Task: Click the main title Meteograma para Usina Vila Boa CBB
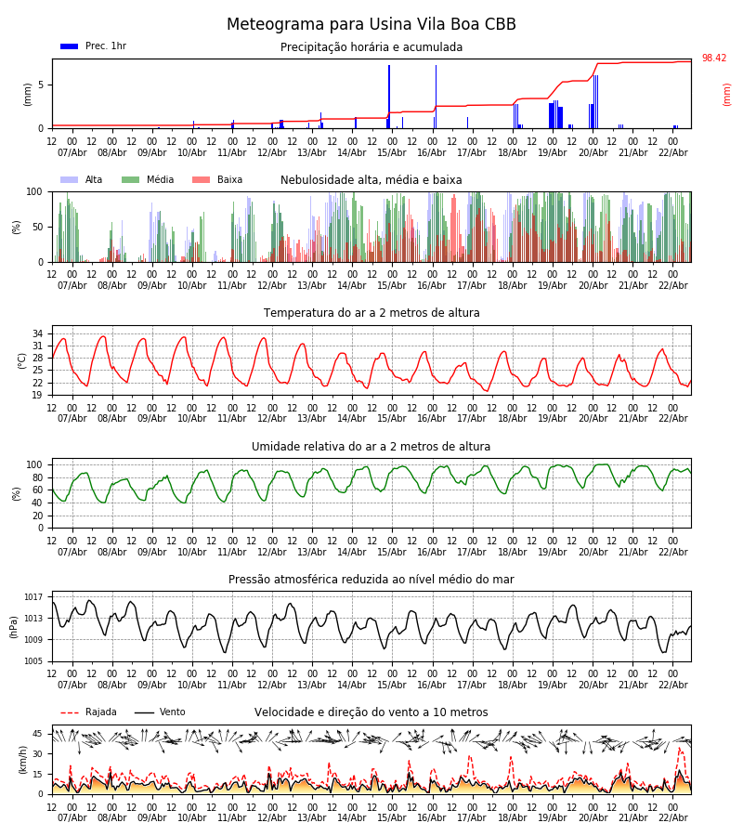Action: (x=371, y=25)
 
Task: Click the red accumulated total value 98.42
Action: (x=714, y=59)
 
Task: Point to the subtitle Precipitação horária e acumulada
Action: (x=371, y=47)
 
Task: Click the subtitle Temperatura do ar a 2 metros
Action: (x=371, y=313)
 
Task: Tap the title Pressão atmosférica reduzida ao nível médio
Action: (x=371, y=580)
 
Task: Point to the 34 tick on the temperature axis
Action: (x=37, y=333)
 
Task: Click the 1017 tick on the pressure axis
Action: (x=33, y=597)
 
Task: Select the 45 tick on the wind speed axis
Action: (x=37, y=734)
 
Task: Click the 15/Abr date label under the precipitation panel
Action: (x=392, y=152)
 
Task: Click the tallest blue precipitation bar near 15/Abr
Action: (x=389, y=93)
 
